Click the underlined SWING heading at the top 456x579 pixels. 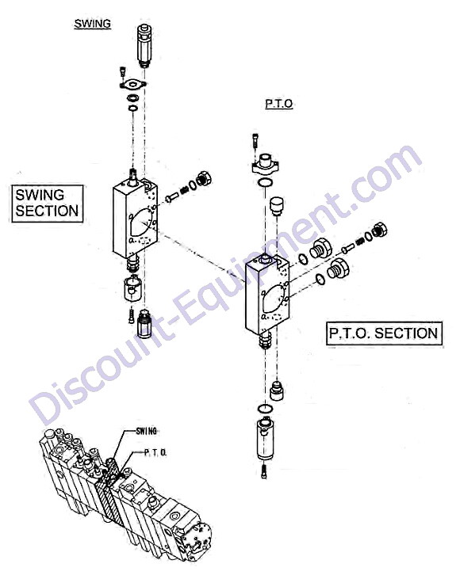[93, 24]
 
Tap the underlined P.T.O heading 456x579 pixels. [279, 104]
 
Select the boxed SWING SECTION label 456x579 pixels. [47, 203]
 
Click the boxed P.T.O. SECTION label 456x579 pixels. [384, 333]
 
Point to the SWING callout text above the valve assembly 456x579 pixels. [146, 431]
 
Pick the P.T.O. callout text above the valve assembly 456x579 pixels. [155, 452]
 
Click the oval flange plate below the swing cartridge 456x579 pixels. [132, 85]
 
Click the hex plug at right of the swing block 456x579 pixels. [205, 179]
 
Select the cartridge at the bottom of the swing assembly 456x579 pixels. [144, 322]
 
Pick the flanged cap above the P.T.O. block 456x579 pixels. [265, 165]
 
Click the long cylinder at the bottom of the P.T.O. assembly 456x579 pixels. [266, 439]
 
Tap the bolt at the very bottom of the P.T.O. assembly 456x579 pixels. [263, 471]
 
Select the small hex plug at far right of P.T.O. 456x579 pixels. [380, 230]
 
